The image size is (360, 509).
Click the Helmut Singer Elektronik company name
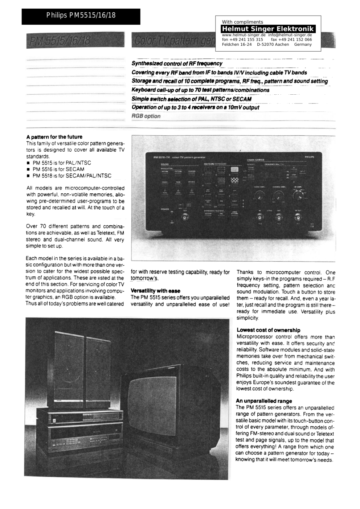pyautogui.click(x=268, y=29)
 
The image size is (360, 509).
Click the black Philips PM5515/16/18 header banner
pyautogui.click(x=81, y=16)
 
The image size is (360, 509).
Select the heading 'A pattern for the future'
pyautogui.click(x=54, y=137)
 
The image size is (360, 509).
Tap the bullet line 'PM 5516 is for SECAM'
pyautogui.click(x=58, y=169)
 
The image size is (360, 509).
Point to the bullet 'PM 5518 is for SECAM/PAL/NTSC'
pyautogui.click(x=71, y=176)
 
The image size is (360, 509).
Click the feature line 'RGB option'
pyautogui.click(x=146, y=116)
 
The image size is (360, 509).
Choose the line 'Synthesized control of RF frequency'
pyautogui.click(x=177, y=63)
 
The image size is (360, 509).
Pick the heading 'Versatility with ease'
pyautogui.click(x=155, y=291)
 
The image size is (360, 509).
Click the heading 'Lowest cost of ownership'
pyautogui.click(x=268, y=330)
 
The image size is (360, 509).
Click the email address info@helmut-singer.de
pyautogui.click(x=290, y=35)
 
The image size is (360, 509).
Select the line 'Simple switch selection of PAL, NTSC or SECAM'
pyautogui.click(x=192, y=99)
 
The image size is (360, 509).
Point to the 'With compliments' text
pyautogui.click(x=242, y=22)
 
